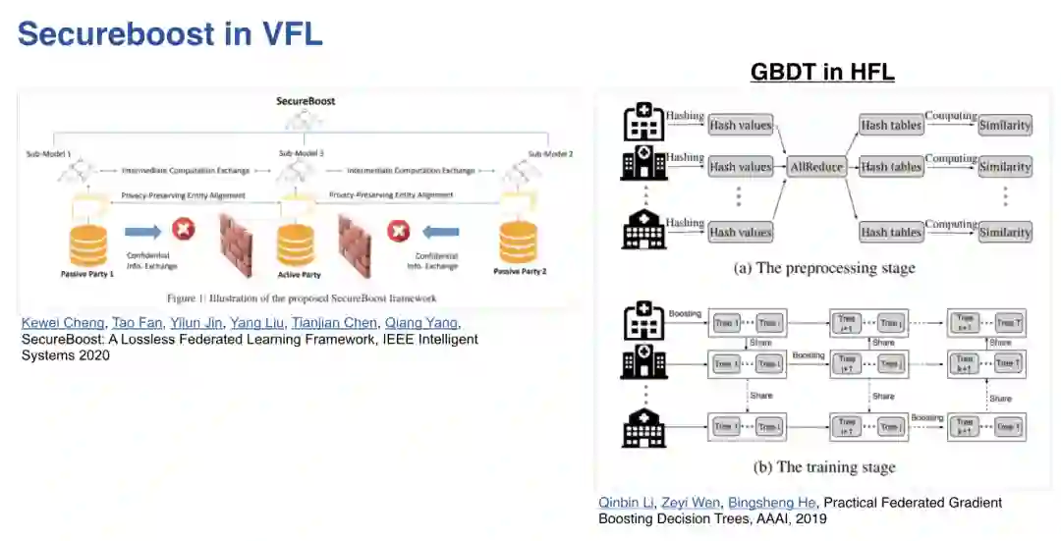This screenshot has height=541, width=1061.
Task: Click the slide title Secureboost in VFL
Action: (170, 33)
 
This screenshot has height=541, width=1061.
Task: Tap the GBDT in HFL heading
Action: (821, 72)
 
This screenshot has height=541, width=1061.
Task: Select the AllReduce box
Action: (817, 167)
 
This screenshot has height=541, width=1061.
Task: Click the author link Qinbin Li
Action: (624, 503)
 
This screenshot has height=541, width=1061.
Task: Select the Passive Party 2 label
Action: (520, 270)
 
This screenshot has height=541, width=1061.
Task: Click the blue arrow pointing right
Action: (143, 231)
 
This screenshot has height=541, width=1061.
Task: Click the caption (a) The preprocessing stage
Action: (824, 268)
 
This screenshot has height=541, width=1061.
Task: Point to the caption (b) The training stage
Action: (824, 467)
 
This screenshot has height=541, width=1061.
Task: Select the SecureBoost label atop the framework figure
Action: (305, 101)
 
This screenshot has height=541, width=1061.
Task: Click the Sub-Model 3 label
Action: (302, 154)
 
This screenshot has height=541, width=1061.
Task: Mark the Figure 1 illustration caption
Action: (300, 298)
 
